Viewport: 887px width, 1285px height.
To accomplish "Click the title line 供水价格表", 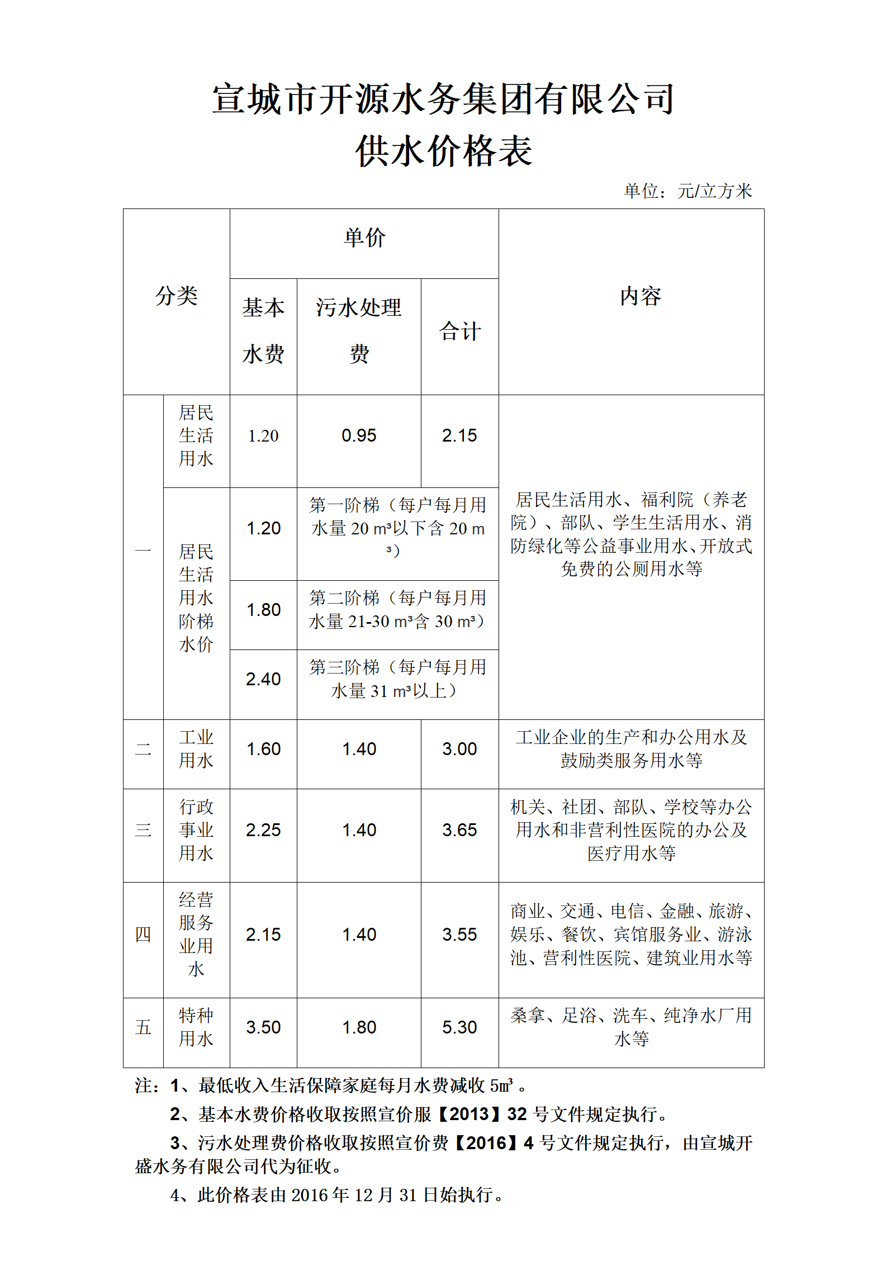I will pos(444,151).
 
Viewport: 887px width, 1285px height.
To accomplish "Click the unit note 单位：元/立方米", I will pos(687,191).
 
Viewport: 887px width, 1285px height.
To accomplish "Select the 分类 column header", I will pos(177,296).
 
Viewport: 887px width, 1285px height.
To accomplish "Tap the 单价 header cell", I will pos(364,238).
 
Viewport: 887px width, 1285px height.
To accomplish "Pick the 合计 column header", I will pos(459,331).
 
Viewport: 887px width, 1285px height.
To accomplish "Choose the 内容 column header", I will pos(641,296).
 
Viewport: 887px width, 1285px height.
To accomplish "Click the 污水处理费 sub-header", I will pos(359,330).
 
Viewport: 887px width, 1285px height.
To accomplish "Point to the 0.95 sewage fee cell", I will pos(359,435).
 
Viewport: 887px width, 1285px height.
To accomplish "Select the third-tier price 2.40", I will pos(263,679).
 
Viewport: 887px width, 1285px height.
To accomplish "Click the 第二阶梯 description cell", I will pos(397,610).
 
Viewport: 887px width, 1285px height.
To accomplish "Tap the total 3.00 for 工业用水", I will pos(459,749).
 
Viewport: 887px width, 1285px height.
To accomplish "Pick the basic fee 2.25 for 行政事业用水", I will pos(263,830).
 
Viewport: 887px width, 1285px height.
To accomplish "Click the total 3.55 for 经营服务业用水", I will pos(459,935).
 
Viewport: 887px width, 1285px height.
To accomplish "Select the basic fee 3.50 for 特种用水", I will pos(263,1027).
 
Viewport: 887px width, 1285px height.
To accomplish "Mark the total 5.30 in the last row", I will pos(459,1027).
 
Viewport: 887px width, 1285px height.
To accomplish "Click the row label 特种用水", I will pos(196,1027).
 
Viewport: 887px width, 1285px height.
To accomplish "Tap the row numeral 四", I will pos(143,935).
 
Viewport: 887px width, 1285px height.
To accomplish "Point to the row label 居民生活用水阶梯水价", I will pos(196,598).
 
